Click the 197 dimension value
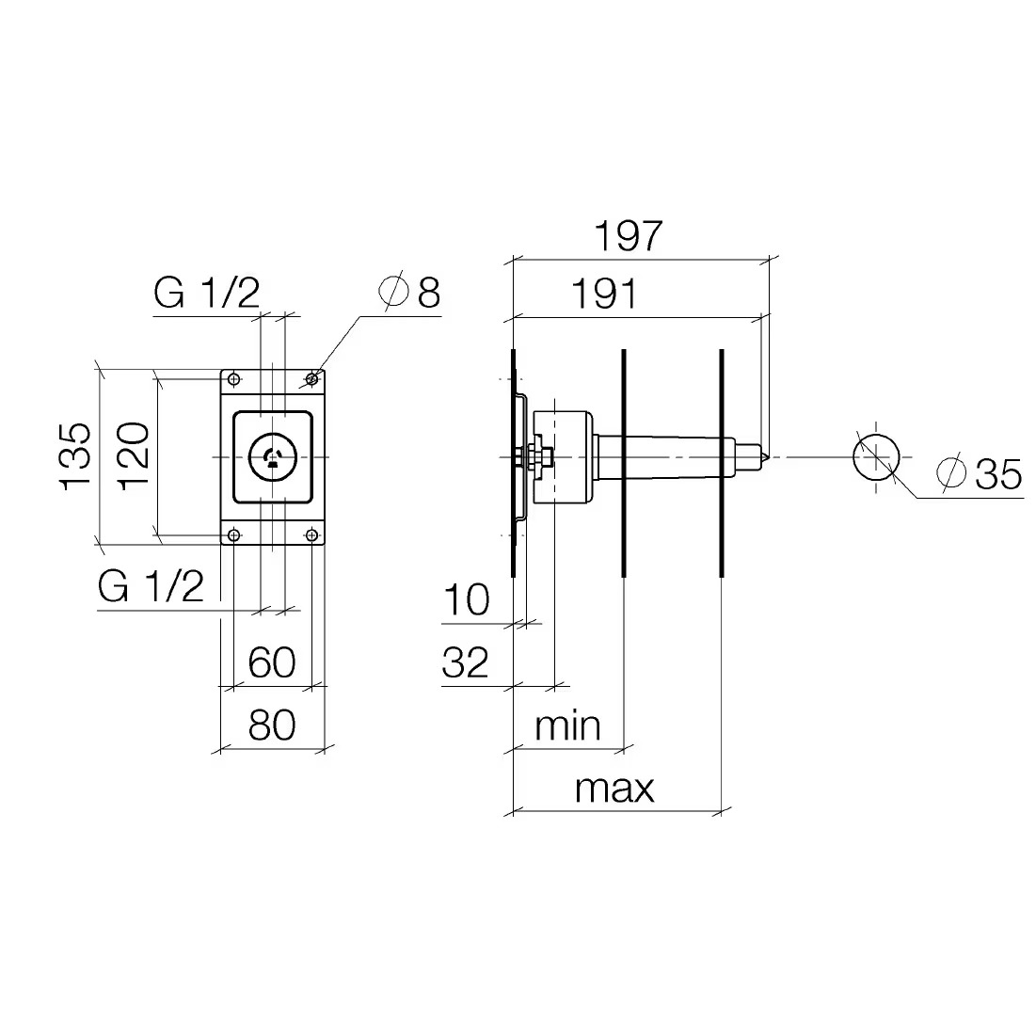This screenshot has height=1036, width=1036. point(628,235)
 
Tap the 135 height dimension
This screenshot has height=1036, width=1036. point(76,456)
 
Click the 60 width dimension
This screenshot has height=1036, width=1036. point(272,662)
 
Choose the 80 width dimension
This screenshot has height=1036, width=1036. point(272,725)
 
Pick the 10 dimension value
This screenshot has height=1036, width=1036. point(466,599)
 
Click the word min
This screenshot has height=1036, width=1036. point(566,725)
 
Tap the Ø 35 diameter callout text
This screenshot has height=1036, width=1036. point(983,473)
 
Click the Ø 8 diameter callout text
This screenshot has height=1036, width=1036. point(409,294)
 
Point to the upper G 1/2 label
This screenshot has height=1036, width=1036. point(206,295)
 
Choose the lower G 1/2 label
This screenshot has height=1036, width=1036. point(151,587)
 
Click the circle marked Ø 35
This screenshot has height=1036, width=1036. point(876,457)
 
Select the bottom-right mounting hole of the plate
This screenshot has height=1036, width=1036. point(311,535)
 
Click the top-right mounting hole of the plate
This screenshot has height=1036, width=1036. point(311,380)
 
